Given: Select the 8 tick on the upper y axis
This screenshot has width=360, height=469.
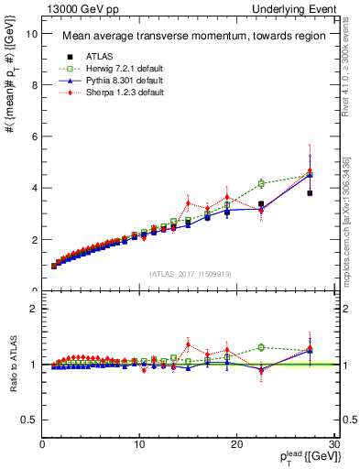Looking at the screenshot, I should (34, 85).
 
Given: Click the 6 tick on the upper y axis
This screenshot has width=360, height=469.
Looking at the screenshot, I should (34, 136).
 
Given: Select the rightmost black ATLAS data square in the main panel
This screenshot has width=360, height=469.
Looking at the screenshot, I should (310, 193).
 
